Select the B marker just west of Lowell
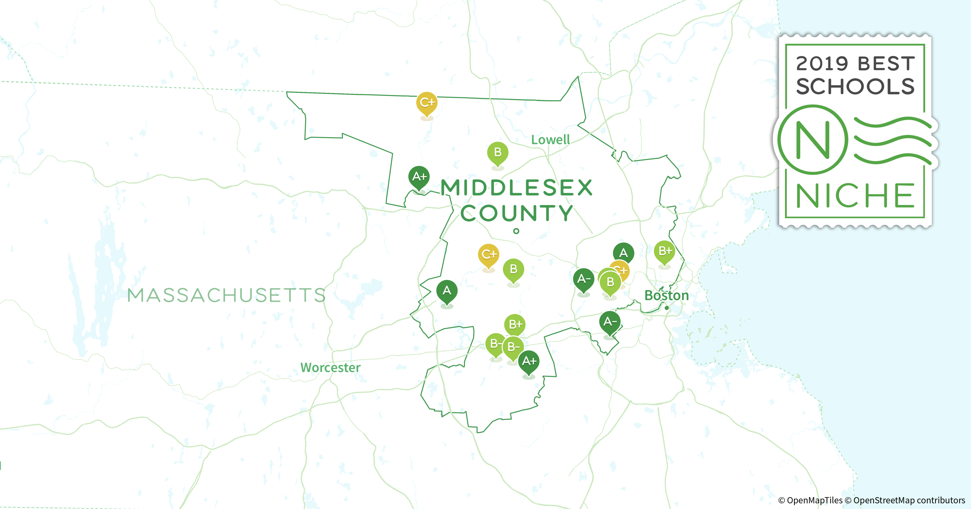pos(497,152)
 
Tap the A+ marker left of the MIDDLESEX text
pos(419,177)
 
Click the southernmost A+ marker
pos(529,361)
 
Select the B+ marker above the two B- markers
pos(515,324)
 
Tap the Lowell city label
pos(550,140)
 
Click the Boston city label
pos(666,295)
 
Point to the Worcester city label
pos(330,367)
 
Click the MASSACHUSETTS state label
pos(226,295)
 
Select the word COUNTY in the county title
pos(517,214)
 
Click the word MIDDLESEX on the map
pos(517,188)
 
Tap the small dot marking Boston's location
pos(666,308)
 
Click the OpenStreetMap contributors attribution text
pos(909,500)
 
